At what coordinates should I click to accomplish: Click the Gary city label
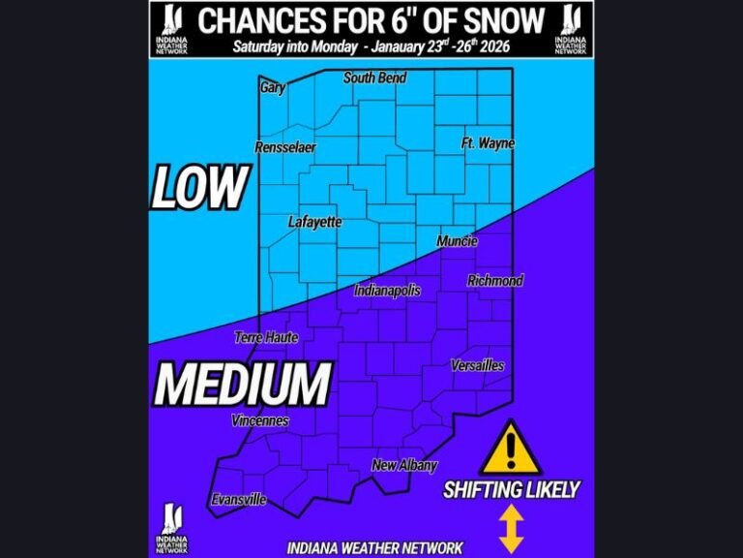[x=272, y=88]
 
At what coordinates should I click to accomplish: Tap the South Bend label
[x=374, y=77]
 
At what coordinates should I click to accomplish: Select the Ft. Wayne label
[x=488, y=143]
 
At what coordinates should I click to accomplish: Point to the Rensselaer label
[x=285, y=147]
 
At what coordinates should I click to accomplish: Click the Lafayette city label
[x=315, y=222]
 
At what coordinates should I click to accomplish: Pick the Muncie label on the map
[x=456, y=241]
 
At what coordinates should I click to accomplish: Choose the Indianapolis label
[x=387, y=290]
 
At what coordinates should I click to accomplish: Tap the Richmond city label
[x=495, y=281]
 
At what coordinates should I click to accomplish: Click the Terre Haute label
[x=266, y=337]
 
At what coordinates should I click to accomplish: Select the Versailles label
[x=477, y=365]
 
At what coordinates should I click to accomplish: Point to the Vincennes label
[x=260, y=420]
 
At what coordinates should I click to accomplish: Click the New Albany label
[x=404, y=466]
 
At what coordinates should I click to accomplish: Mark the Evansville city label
[x=238, y=500]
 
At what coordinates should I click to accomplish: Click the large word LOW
[x=200, y=188]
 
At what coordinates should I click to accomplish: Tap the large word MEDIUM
[x=243, y=384]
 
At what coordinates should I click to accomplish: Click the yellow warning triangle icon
[x=510, y=449]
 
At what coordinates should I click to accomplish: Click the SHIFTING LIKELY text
[x=511, y=490]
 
